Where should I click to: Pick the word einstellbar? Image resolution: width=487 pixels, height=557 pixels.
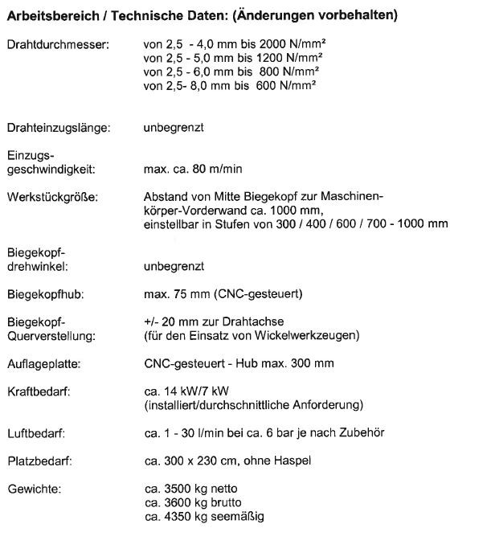(169, 223)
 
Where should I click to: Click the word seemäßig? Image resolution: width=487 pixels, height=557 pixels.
(239, 516)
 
